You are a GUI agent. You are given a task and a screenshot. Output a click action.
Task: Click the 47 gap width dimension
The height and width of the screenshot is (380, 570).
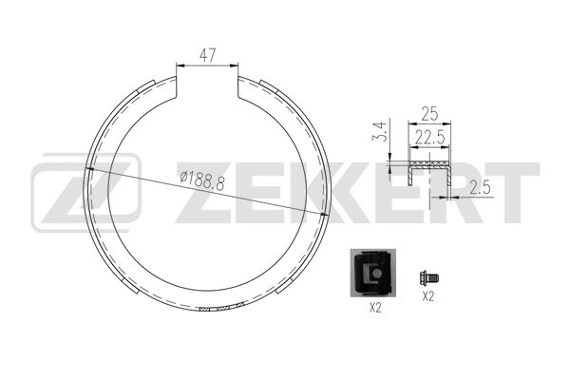coord(207,55)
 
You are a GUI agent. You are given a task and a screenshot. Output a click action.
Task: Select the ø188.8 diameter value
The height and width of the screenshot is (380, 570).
coord(201,180)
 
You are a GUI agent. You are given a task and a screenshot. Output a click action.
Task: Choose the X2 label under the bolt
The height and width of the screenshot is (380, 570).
coord(427,296)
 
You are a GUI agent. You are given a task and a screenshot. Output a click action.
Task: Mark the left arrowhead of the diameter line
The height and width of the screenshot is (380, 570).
coord(90,170)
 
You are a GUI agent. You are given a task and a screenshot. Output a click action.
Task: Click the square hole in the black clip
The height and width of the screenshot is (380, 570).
coord(377,275)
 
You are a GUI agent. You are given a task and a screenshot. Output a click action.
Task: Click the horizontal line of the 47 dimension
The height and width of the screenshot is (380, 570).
coord(207,66)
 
